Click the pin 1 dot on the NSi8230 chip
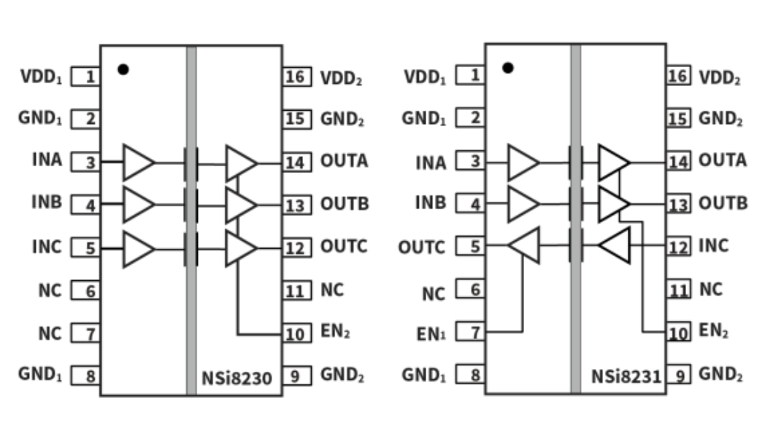pyautogui.click(x=123, y=69)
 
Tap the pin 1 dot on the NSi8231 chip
pyautogui.click(x=508, y=68)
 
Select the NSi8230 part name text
pyautogui.click(x=237, y=378)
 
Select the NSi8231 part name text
pyautogui.click(x=626, y=377)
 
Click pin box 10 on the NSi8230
pyautogui.click(x=294, y=334)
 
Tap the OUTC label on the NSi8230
pyautogui.click(x=344, y=246)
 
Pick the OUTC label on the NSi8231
pyautogui.click(x=421, y=247)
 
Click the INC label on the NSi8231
pyautogui.click(x=713, y=245)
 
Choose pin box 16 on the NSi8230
pyautogui.click(x=294, y=76)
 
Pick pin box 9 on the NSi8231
pyautogui.click(x=679, y=376)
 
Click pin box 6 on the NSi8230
pyautogui.click(x=85, y=291)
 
